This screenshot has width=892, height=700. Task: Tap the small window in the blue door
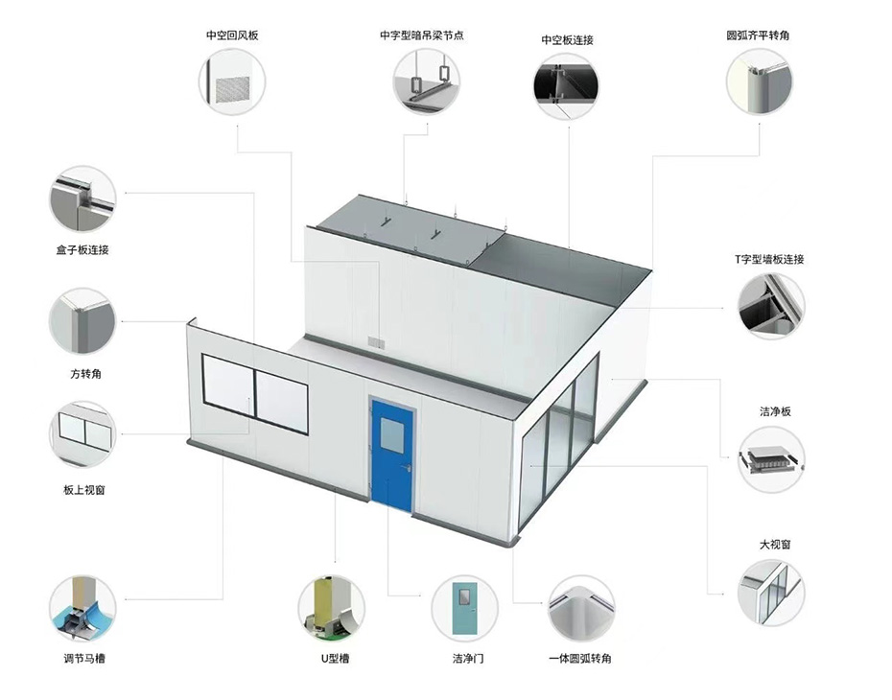pyautogui.click(x=392, y=434)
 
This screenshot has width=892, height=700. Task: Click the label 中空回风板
pyautogui.click(x=232, y=35)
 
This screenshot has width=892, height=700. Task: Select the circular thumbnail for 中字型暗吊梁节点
pyautogui.click(x=427, y=81)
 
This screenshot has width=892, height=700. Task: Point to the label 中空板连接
pyautogui.click(x=567, y=40)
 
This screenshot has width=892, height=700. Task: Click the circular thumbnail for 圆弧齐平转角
pyautogui.click(x=760, y=81)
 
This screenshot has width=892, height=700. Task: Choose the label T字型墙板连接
pyautogui.click(x=769, y=259)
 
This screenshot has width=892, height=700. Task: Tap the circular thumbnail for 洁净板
pyautogui.click(x=771, y=459)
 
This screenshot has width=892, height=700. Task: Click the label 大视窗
pyautogui.click(x=775, y=545)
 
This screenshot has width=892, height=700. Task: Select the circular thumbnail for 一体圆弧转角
pyautogui.click(x=581, y=609)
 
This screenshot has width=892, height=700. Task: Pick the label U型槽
pyautogui.click(x=335, y=659)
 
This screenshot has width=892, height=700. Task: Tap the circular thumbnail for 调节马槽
pyautogui.click(x=83, y=609)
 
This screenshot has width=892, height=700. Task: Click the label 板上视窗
pyautogui.click(x=84, y=490)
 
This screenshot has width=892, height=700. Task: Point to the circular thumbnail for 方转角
pyautogui.click(x=82, y=321)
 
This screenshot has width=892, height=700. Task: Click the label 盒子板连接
pyautogui.click(x=82, y=249)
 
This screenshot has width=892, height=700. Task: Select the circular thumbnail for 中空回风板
pyautogui.click(x=232, y=82)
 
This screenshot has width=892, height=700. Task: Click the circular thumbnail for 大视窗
pyautogui.click(x=771, y=593)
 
